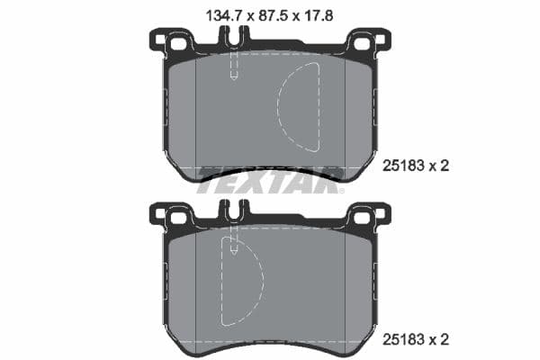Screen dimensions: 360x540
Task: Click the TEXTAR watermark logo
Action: point(269,177)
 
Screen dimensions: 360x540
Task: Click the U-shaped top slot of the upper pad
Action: point(234,39)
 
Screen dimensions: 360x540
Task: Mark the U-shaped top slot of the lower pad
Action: point(234,213)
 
